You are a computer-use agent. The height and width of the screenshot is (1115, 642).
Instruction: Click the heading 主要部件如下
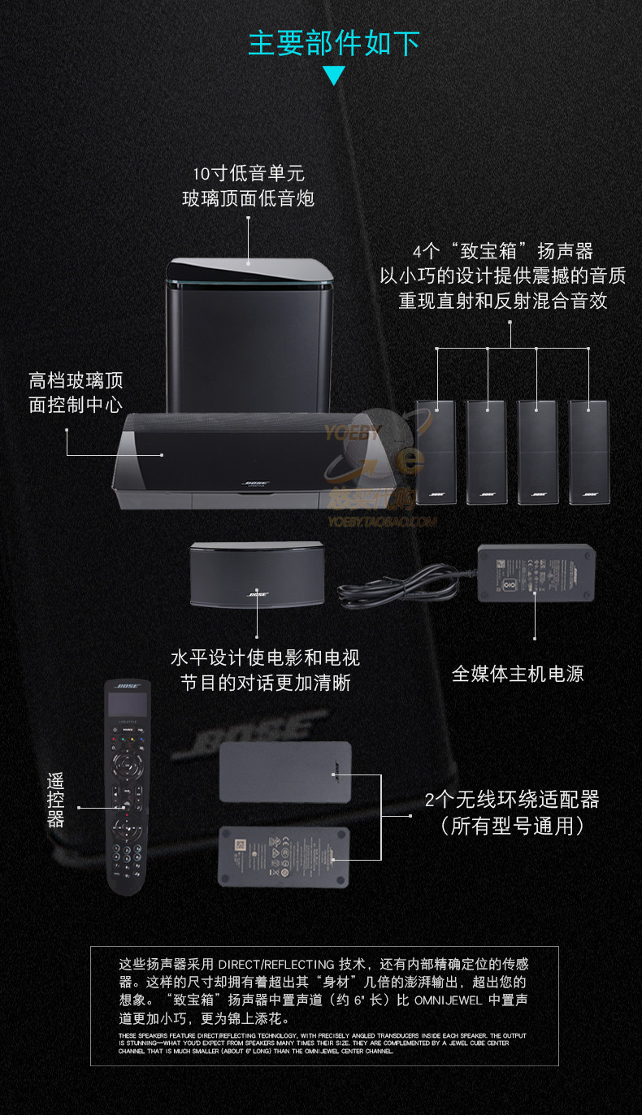(333, 42)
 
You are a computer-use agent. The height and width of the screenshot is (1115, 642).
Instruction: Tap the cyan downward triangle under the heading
(333, 76)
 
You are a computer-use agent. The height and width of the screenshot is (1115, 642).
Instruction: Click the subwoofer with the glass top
(249, 333)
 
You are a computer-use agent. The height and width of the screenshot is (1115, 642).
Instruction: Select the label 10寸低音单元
(248, 173)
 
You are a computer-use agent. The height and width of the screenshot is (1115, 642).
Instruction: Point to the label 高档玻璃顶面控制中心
(76, 393)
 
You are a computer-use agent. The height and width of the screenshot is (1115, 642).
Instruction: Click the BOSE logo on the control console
(251, 483)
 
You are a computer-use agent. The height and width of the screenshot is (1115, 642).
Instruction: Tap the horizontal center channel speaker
(257, 575)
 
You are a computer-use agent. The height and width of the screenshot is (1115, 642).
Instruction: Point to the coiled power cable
(398, 587)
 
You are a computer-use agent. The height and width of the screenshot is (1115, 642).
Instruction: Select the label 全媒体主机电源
(518, 674)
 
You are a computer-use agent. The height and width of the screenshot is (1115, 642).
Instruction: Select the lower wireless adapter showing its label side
(284, 855)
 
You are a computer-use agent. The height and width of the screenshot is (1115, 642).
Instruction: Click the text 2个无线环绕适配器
(512, 800)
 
